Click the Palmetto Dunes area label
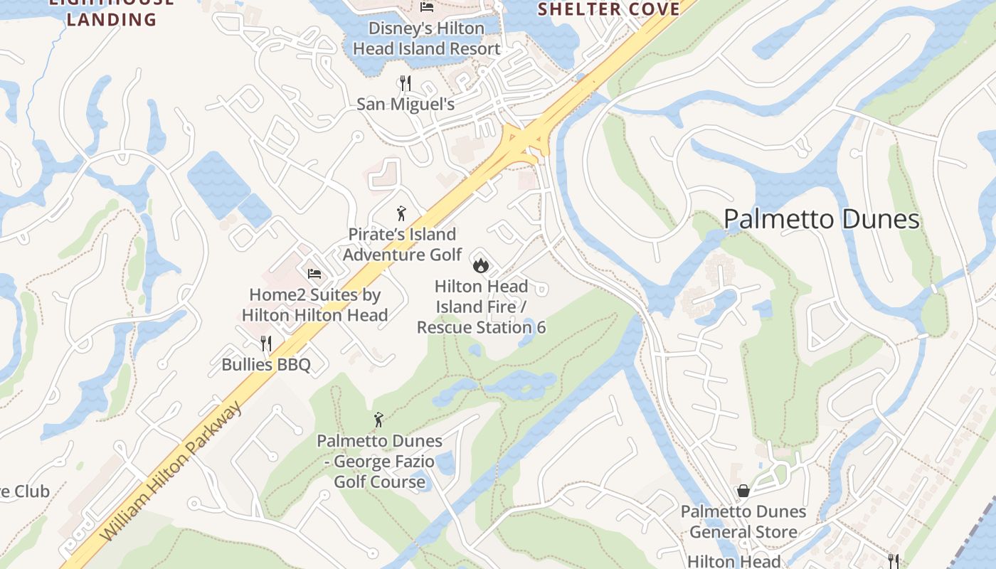point(822,219)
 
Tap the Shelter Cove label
point(608,9)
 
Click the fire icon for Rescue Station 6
point(481,265)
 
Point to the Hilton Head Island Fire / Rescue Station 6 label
point(481,307)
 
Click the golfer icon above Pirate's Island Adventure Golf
point(401,213)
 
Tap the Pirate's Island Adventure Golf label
point(402,244)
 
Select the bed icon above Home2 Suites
point(314,273)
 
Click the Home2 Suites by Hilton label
point(314,304)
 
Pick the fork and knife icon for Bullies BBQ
point(266,344)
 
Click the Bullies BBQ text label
point(266,365)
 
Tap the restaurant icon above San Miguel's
point(406,83)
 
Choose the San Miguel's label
point(406,105)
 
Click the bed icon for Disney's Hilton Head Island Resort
point(427,7)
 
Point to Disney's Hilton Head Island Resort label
point(427,39)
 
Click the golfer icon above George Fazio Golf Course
point(379,420)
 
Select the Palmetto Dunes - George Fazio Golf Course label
point(379,461)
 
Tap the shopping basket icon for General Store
point(743,491)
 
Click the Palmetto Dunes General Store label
point(743,521)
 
